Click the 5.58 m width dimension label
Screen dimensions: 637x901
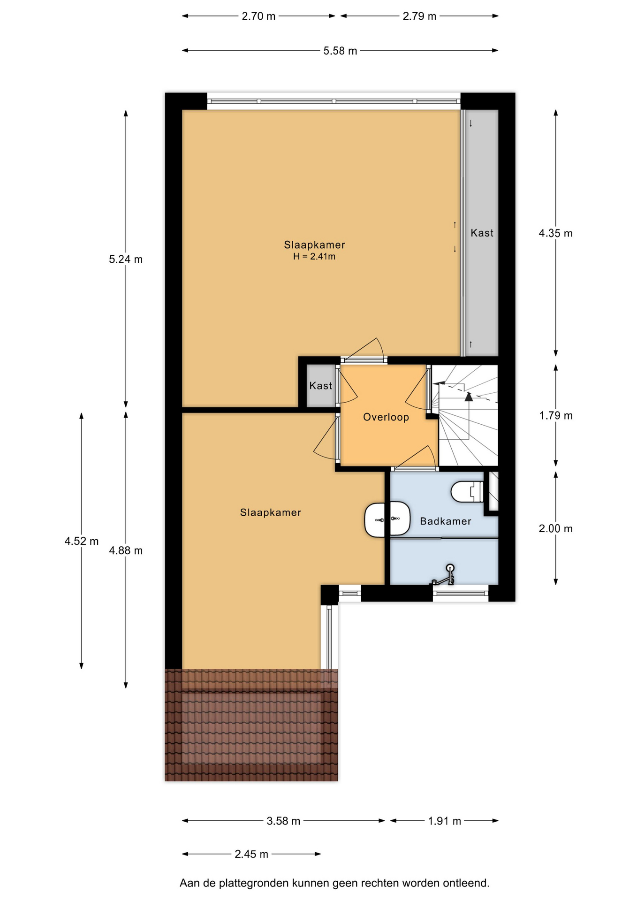[340, 51]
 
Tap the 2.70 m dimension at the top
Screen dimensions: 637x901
[258, 16]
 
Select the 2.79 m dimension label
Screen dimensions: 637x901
[419, 16]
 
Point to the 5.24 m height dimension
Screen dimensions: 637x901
[126, 259]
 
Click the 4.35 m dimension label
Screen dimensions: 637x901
[556, 233]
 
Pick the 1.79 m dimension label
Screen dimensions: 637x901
[556, 415]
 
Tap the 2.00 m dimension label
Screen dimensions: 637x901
[556, 528]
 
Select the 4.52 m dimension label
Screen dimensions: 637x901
[82, 541]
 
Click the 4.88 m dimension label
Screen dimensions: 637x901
[126, 550]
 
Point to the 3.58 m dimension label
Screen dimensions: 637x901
[283, 821]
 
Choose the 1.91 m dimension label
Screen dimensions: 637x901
[444, 821]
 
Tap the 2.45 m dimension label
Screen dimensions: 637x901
[251, 854]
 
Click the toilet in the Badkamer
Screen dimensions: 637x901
[468, 492]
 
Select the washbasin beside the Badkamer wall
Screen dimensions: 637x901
[387, 519]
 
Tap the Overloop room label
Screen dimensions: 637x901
[386, 417]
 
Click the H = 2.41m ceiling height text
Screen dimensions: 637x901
[314, 257]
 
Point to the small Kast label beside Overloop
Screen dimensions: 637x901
[321, 386]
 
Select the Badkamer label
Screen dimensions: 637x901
[446, 521]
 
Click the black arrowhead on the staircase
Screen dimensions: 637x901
[469, 397]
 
